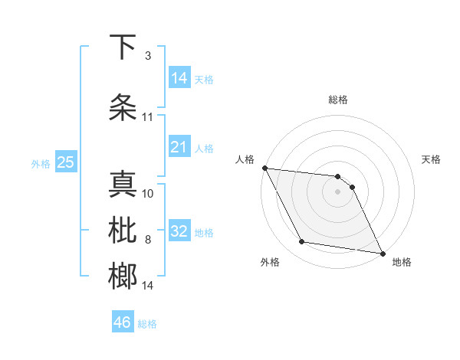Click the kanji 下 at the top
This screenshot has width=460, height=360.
coord(123,47)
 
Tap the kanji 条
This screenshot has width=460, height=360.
coord(123,108)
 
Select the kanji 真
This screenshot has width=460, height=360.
coord(123,185)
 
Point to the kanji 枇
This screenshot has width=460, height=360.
coord(123,231)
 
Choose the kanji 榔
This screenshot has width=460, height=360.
coord(123,276)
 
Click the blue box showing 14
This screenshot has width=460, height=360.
coord(179,78)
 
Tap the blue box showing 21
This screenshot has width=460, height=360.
coord(179,147)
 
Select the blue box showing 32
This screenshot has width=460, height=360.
coord(179,232)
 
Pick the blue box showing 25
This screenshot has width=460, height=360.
coord(65,162)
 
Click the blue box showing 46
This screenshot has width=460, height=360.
coord(122,322)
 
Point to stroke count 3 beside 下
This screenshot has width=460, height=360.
coord(148,56)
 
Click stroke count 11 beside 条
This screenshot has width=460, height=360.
coord(147,117)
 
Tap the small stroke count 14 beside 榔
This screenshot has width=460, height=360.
coord(147,286)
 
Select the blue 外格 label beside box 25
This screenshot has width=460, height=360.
coord(41,163)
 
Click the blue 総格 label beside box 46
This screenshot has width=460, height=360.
coord(147,324)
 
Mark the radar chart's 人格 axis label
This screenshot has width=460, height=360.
coord(245,159)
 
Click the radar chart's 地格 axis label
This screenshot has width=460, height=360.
coord(402,262)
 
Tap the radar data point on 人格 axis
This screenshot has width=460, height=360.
coord(264,168)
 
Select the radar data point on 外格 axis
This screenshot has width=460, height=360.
coord(302,242)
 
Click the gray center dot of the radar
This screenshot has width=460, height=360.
coord(337,191)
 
